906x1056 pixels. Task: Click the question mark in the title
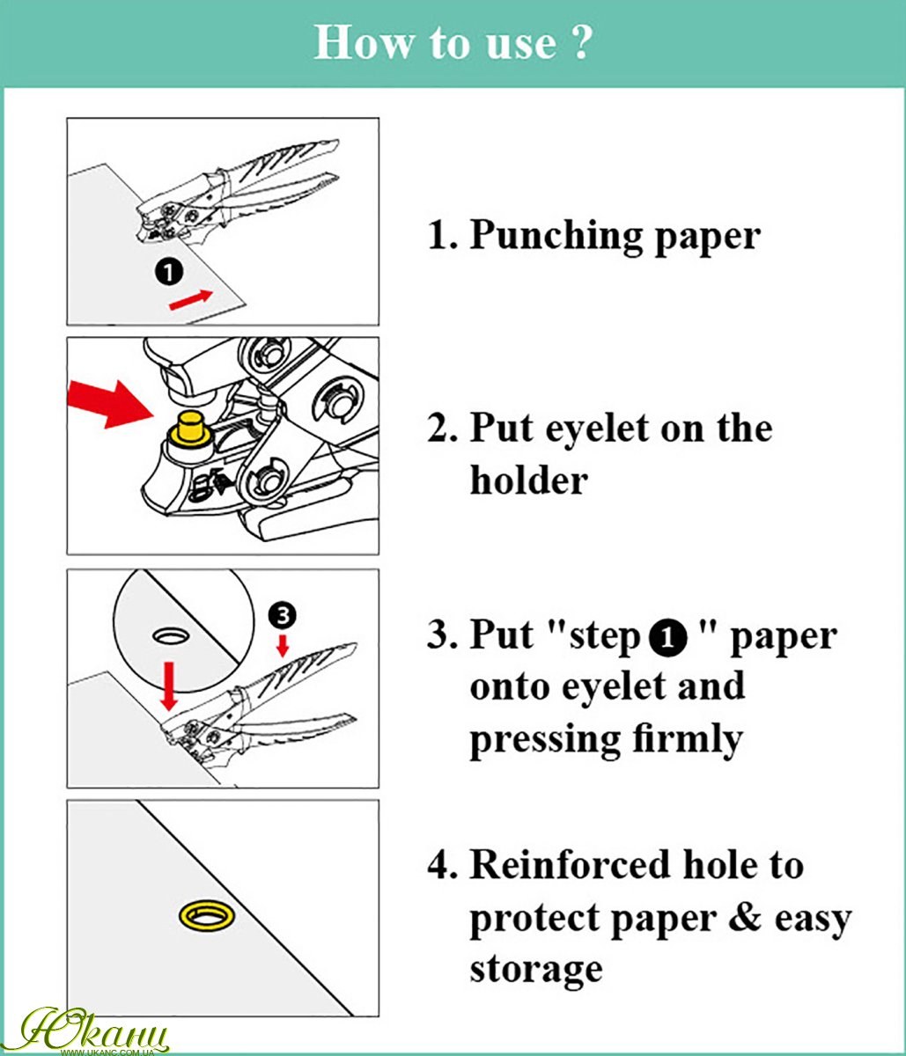(578, 42)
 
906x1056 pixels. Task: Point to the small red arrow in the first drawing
(191, 299)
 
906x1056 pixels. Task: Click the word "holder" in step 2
(527, 480)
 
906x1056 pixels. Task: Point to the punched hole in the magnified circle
(170, 634)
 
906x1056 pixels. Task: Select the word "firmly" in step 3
(686, 738)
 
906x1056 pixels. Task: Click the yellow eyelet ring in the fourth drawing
(208, 915)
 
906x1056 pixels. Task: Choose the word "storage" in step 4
(536, 970)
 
